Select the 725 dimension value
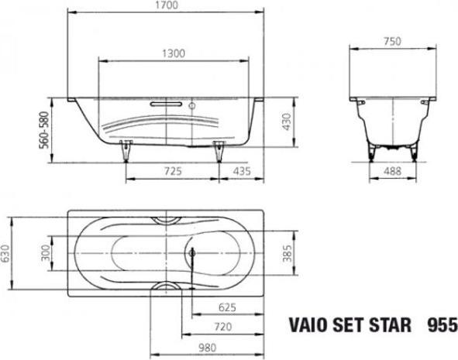tap(174, 169)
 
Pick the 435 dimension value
tap(242, 169)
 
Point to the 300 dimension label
tap(45, 252)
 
